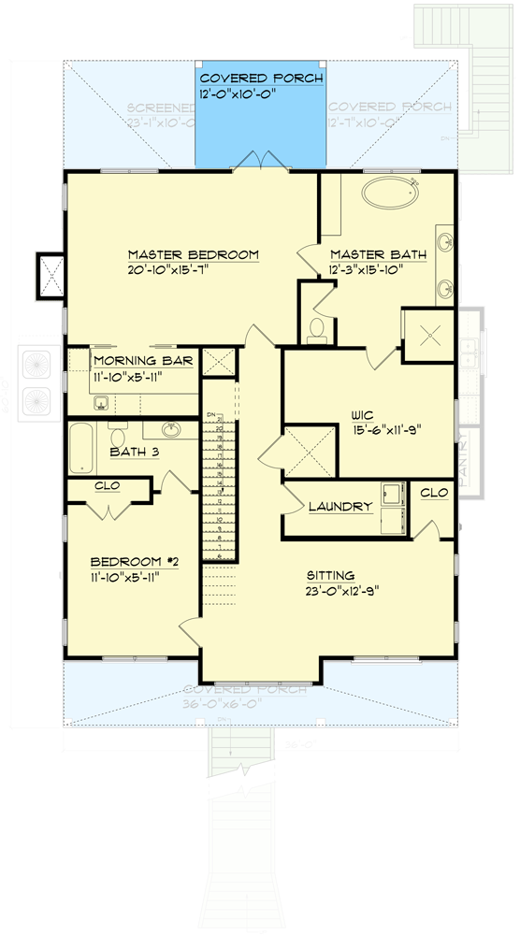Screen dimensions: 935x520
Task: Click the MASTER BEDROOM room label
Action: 193,254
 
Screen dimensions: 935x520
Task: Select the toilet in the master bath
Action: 317,329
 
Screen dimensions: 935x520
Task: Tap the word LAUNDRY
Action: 341,507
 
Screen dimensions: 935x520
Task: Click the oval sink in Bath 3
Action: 172,430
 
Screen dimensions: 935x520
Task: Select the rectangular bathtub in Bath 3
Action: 80,446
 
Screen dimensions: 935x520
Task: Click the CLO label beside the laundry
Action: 433,492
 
